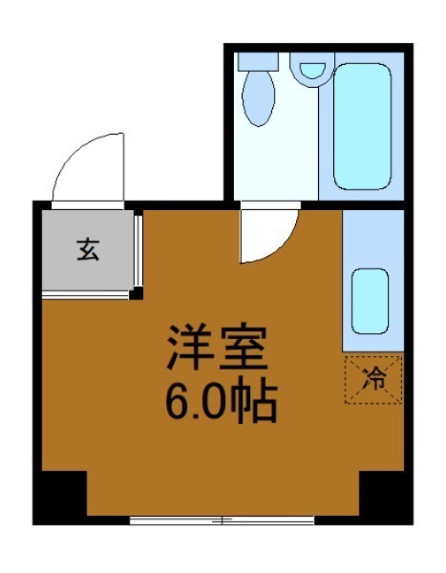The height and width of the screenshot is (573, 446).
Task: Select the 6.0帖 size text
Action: coord(221,403)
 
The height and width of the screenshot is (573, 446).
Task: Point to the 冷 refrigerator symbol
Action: coord(373,377)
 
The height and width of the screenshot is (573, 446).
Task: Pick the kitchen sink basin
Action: coord(371,299)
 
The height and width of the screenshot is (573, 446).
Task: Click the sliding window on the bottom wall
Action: coord(222,520)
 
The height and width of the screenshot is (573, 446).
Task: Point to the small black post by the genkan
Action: coord(137,292)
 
